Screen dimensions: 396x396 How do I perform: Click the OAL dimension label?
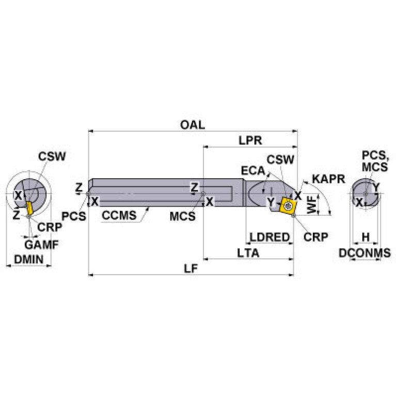pos(193,125)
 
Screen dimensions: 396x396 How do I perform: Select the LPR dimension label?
pos(250,140)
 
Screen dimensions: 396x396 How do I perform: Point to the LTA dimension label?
pos(248,253)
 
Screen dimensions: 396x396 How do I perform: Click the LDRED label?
pos(270,237)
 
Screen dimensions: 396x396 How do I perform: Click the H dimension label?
pos(366,237)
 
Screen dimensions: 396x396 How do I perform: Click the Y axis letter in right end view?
pos(376,186)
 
